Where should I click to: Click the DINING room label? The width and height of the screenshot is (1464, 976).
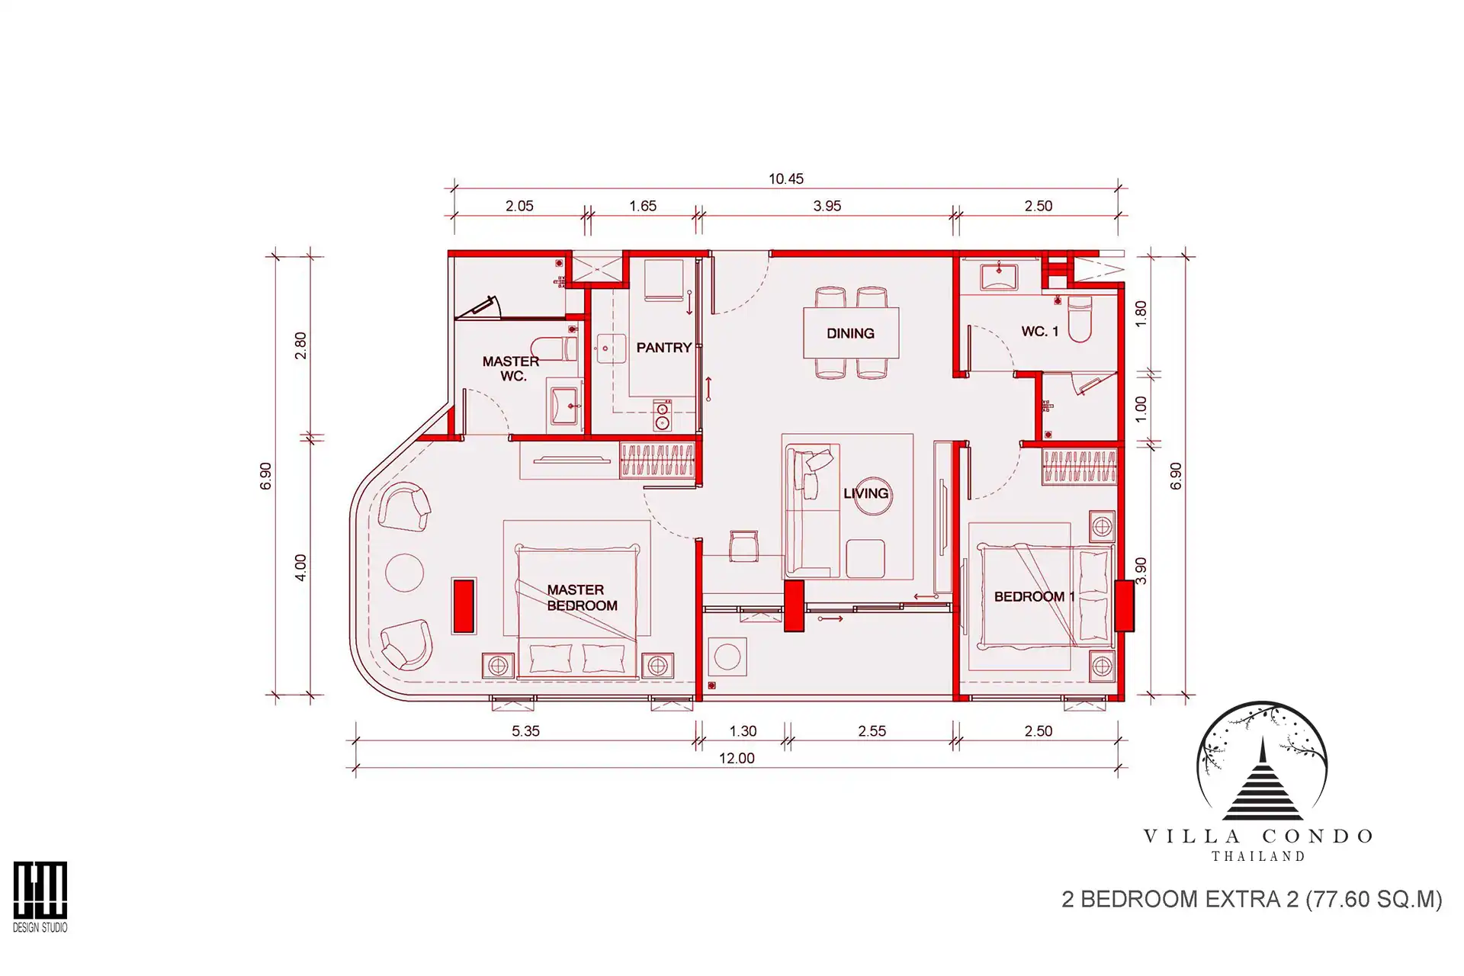pyautogui.click(x=850, y=333)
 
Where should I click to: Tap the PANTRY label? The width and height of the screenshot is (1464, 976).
pyautogui.click(x=663, y=348)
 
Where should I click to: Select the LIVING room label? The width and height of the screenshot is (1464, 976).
pyautogui.click(x=866, y=493)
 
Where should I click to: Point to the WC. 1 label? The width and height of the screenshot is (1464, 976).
pyautogui.click(x=1040, y=332)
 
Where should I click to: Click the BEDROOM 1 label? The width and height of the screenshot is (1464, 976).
pyautogui.click(x=1034, y=596)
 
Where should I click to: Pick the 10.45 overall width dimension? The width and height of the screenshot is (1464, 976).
pyautogui.click(x=786, y=178)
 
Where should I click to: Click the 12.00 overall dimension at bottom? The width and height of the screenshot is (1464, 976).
pyautogui.click(x=737, y=759)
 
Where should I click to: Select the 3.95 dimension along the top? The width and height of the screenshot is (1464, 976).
pyautogui.click(x=827, y=206)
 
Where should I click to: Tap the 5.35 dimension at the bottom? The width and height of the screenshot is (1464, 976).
pyautogui.click(x=525, y=731)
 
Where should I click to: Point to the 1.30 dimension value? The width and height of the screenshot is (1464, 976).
pyautogui.click(x=743, y=731)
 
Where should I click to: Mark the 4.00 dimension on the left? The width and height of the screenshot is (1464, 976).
pyautogui.click(x=300, y=567)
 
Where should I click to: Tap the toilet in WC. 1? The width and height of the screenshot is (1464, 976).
pyautogui.click(x=1080, y=318)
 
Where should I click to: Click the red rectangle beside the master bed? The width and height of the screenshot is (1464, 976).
pyautogui.click(x=464, y=606)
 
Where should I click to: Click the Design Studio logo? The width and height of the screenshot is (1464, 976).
pyautogui.click(x=40, y=897)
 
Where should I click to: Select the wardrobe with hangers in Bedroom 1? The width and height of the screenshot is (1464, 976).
pyautogui.click(x=1079, y=467)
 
